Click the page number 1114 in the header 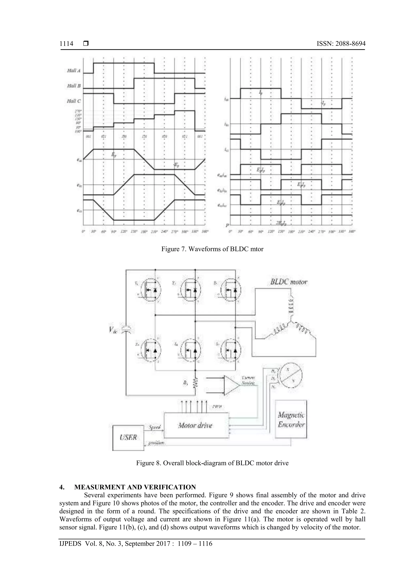pos(66,44)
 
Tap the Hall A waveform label pos(74,71)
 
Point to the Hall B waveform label pos(74,86)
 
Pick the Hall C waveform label pos(74,101)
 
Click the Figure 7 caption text pos(212,249)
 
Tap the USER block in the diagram pos(128,437)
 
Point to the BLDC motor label pos(289,282)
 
